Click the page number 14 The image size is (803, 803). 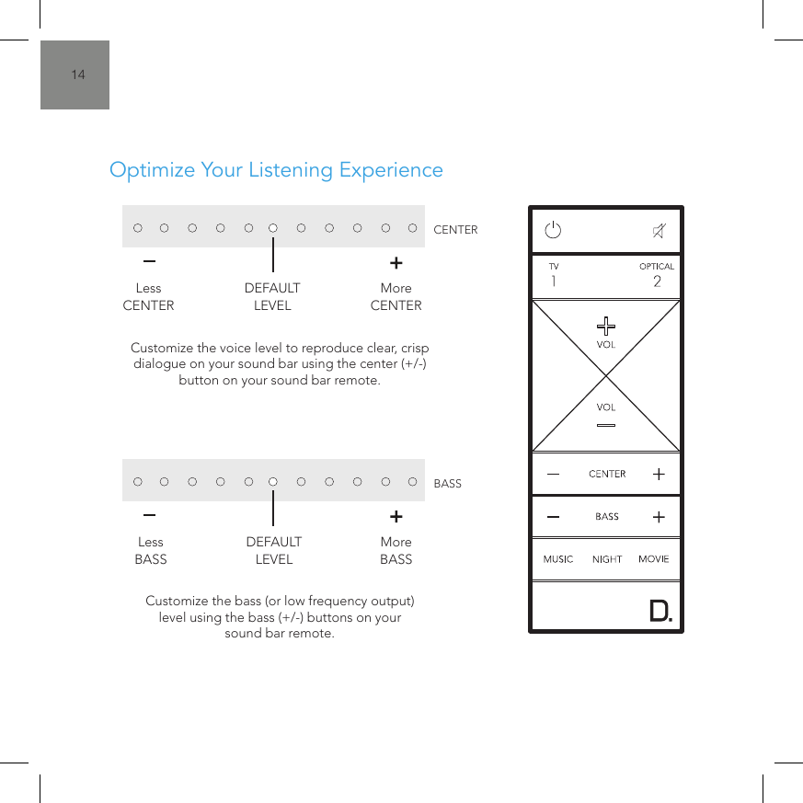coord(78,75)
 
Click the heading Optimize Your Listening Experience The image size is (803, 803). coord(276,170)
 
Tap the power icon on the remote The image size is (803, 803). coord(553,230)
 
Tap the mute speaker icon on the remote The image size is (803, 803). coord(660,230)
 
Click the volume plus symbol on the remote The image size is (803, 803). coord(606,326)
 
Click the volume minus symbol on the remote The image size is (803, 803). coord(606,424)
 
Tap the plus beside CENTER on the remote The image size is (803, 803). coord(659,475)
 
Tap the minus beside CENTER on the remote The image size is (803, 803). coord(553,475)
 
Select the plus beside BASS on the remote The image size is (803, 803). coord(659,517)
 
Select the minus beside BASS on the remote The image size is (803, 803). coord(553,517)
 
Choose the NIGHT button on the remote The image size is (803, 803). coord(607,559)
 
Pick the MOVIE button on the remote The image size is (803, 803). coord(654,559)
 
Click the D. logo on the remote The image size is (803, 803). coord(660,612)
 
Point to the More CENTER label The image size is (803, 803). coord(396,296)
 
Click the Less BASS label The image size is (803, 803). coord(151,550)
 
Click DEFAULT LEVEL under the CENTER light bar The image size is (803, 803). coord(272,296)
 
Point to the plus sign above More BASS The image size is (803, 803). coord(396,516)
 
